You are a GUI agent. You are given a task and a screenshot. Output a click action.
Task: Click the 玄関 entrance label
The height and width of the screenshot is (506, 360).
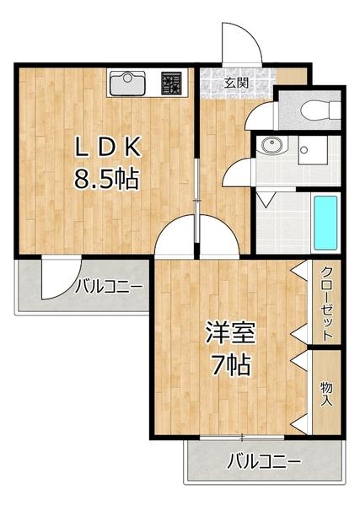237,83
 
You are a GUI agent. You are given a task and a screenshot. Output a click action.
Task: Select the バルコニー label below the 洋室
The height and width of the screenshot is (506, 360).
265,463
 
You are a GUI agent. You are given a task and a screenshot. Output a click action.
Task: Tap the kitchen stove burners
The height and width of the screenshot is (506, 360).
172,83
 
